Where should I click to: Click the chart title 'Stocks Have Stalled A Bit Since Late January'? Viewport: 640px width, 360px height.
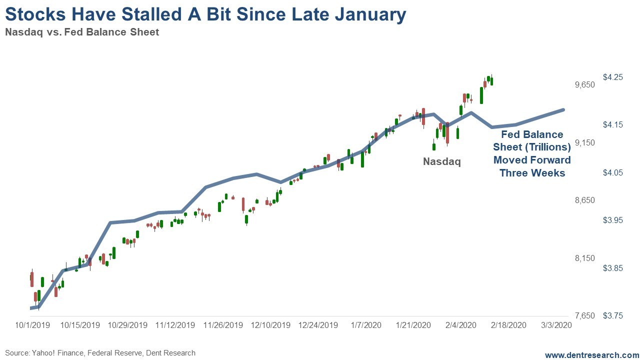(x=205, y=14)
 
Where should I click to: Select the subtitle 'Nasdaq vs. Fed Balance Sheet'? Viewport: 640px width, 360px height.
(x=82, y=32)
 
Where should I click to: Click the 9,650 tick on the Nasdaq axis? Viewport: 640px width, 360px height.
(x=585, y=85)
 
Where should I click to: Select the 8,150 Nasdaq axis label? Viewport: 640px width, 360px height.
(x=585, y=258)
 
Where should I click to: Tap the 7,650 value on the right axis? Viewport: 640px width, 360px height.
(x=585, y=316)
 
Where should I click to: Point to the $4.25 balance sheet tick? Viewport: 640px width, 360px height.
(x=612, y=77)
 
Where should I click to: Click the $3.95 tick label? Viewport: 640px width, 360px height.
(x=612, y=220)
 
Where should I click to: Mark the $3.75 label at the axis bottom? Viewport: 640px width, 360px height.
(x=612, y=316)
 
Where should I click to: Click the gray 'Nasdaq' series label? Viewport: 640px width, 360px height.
(x=441, y=161)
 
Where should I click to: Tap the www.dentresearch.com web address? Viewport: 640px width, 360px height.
(x=591, y=355)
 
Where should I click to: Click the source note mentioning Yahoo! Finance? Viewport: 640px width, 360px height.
(x=100, y=353)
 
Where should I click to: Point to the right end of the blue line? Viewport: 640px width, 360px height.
(x=563, y=110)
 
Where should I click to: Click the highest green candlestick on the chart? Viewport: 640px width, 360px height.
(x=491, y=80)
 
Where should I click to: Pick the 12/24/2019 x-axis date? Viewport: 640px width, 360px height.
(x=318, y=325)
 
